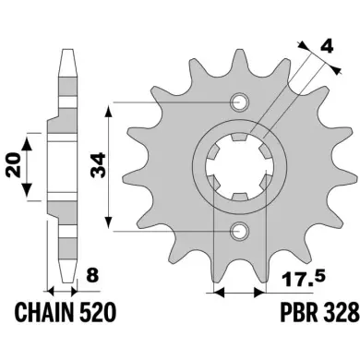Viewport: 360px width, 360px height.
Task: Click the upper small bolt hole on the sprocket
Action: coord(239,102)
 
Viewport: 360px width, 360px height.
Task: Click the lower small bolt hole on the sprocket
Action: coord(239,231)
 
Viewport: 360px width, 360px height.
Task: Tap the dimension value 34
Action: coord(99,165)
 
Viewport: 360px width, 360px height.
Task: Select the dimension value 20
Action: coord(14,164)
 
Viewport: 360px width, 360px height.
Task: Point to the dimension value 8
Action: coord(92,275)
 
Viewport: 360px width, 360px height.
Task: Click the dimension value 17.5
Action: coord(304,278)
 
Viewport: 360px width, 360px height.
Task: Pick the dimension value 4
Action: coord(326,47)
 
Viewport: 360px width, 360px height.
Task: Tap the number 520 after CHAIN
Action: coord(98,312)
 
